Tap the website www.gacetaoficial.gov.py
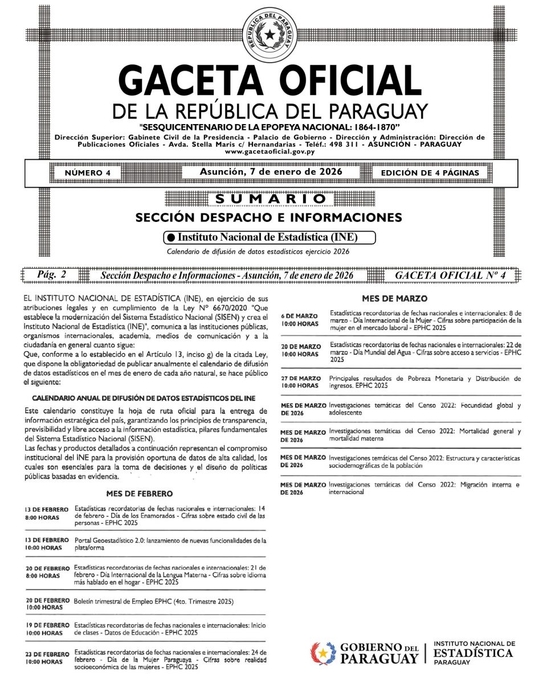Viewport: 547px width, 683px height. click(x=269, y=151)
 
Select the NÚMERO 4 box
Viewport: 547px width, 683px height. click(x=88, y=172)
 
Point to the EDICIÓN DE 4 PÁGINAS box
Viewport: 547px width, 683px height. click(x=430, y=172)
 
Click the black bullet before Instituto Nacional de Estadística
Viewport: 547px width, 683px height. click(x=170, y=237)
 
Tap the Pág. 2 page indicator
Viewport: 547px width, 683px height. click(x=51, y=275)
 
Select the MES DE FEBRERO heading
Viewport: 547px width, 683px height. click(x=139, y=493)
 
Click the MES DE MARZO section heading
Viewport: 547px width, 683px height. click(x=394, y=298)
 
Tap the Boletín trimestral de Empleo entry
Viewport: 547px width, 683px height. click(x=154, y=601)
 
